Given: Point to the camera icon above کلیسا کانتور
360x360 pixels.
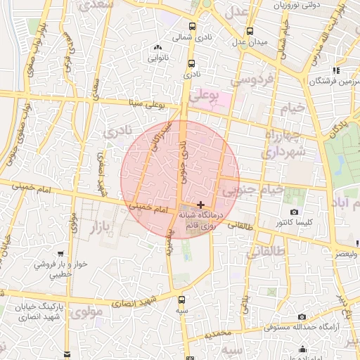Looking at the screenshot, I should [294, 212].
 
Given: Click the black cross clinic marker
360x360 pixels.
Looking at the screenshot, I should [201, 204].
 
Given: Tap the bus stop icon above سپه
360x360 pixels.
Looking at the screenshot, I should [181, 299].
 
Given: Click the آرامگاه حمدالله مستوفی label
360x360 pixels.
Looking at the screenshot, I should [302, 327].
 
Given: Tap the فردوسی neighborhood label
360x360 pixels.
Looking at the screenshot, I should [255, 80].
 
